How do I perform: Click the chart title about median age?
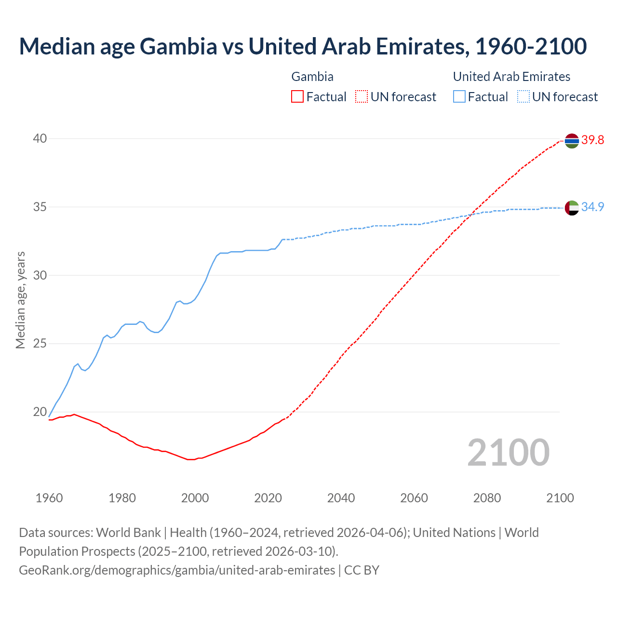(x=303, y=46)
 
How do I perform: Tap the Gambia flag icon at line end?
(x=572, y=141)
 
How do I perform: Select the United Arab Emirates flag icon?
(x=572, y=208)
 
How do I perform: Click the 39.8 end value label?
(x=592, y=140)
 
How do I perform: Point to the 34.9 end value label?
(x=592, y=207)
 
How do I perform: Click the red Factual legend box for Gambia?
(x=297, y=97)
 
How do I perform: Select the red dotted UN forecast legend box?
(x=362, y=97)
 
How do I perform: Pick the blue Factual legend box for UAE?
(x=459, y=97)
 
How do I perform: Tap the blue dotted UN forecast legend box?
(x=523, y=97)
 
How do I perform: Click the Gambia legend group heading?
(x=312, y=77)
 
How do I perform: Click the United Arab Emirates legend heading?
(x=511, y=77)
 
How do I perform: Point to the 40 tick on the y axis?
(x=40, y=139)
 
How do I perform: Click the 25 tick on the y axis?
(x=40, y=344)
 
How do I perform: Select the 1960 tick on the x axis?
(x=49, y=498)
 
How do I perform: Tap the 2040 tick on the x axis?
(x=341, y=498)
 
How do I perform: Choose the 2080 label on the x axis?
(x=487, y=498)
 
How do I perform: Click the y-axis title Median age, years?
(x=21, y=300)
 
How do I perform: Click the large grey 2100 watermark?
(x=508, y=453)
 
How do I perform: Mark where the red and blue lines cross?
(x=471, y=214)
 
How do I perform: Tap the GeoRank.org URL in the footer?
(x=177, y=570)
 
